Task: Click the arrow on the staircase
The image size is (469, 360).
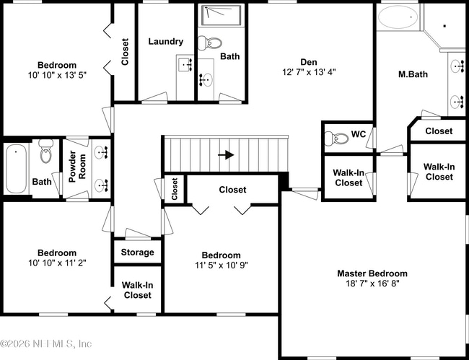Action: coord(226,155)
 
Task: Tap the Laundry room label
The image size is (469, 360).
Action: coord(166,41)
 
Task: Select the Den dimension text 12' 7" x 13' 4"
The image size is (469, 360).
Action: coord(309,72)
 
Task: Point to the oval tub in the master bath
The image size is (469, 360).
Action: coord(398,17)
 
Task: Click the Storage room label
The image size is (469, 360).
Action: coord(138,252)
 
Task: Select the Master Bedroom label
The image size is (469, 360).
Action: coord(372,273)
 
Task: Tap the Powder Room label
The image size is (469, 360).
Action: coord(77,167)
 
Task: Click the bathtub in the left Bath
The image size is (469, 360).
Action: coord(16,169)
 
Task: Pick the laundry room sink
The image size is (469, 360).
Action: coord(185,65)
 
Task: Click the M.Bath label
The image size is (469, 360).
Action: coord(413,74)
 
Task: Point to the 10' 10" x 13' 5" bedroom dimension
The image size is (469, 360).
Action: coord(57,75)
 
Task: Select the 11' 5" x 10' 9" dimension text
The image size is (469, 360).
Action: coord(222,265)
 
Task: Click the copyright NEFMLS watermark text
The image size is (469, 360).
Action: coord(45,344)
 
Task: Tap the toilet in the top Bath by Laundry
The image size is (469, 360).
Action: coord(210,43)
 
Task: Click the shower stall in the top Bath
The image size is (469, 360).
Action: coord(222,15)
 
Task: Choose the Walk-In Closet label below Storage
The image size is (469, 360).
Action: coord(138,290)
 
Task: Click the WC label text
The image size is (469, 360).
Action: coord(359,134)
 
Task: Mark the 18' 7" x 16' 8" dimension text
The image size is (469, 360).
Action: coord(372,284)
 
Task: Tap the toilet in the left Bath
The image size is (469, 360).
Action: coord(46,152)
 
